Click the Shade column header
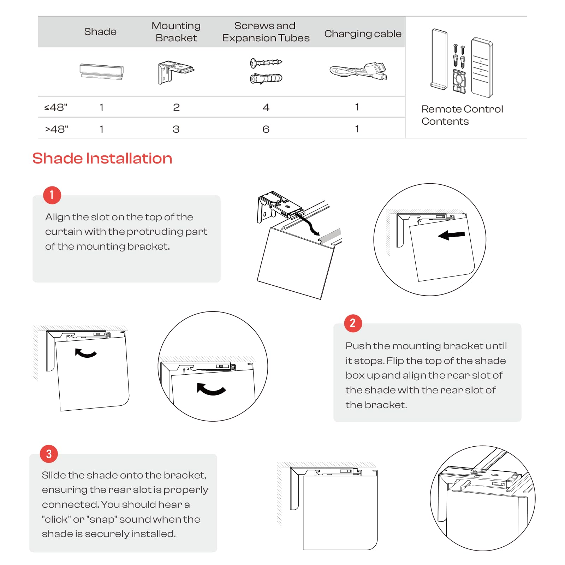click(x=100, y=32)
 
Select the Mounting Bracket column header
click(x=176, y=32)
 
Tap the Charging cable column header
click(x=363, y=34)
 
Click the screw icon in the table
click(x=266, y=63)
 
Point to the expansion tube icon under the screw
click(x=266, y=78)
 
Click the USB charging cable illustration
click(x=358, y=71)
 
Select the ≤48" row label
click(x=56, y=107)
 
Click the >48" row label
click(x=56, y=129)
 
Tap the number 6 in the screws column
click(x=266, y=129)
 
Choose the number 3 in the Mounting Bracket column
click(x=176, y=129)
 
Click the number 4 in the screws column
click(x=266, y=107)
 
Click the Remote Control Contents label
click(x=462, y=115)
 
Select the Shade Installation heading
click(x=102, y=158)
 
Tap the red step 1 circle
click(x=52, y=195)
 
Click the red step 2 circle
click(x=353, y=323)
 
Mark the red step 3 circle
click(x=49, y=454)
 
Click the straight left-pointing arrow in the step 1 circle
click(x=451, y=235)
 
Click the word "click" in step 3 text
click(x=55, y=519)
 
